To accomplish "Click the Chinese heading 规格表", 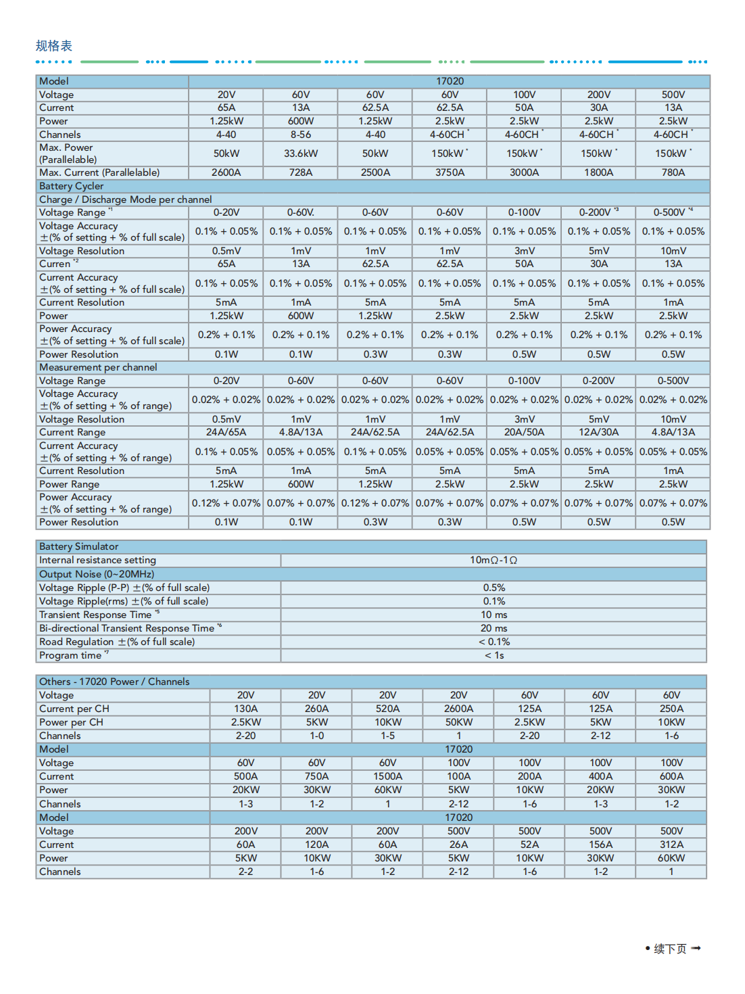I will tap(53, 46).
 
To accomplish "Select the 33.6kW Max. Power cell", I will tap(301, 153).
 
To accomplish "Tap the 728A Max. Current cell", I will tap(301, 172).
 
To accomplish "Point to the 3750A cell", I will tap(450, 172).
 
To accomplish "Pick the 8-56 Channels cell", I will tap(301, 135).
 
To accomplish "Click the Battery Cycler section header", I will tap(72, 186).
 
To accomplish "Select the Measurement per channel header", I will tap(98, 367).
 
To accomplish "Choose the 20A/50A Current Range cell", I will tap(524, 432).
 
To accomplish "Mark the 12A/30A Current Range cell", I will tap(598, 432).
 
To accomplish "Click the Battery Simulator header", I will tap(78, 546).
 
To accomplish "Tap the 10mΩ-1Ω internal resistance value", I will tap(494, 560).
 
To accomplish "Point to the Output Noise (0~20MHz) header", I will tap(97, 574).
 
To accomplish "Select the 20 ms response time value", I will tap(494, 628).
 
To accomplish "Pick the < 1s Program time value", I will tap(494, 655).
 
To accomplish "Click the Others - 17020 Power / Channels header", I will tap(114, 682).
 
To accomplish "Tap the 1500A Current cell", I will tap(387, 776).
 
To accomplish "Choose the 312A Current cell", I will tap(671, 845).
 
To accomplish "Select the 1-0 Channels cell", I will tap(316, 736).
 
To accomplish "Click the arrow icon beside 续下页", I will tap(696, 948).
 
